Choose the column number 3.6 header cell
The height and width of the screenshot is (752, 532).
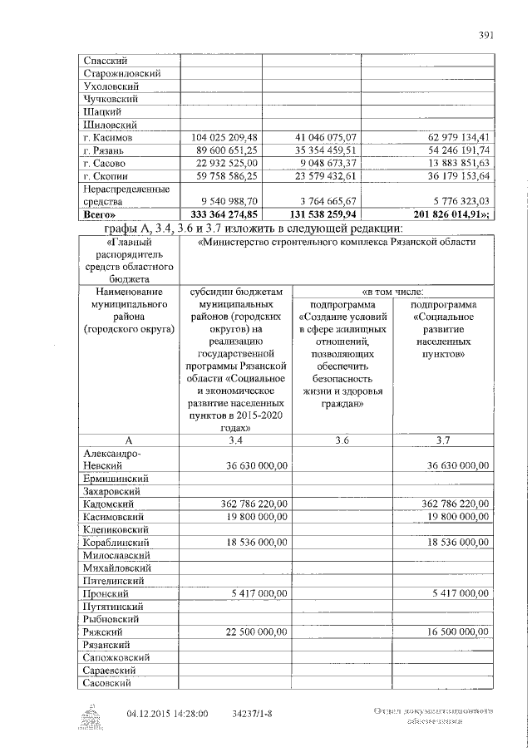tap(341, 440)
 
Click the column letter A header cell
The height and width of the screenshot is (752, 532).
tap(128, 440)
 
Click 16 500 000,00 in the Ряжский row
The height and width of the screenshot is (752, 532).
tap(455, 632)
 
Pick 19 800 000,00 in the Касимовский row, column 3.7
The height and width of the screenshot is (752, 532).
tap(455, 516)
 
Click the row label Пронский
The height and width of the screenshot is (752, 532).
tap(105, 594)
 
